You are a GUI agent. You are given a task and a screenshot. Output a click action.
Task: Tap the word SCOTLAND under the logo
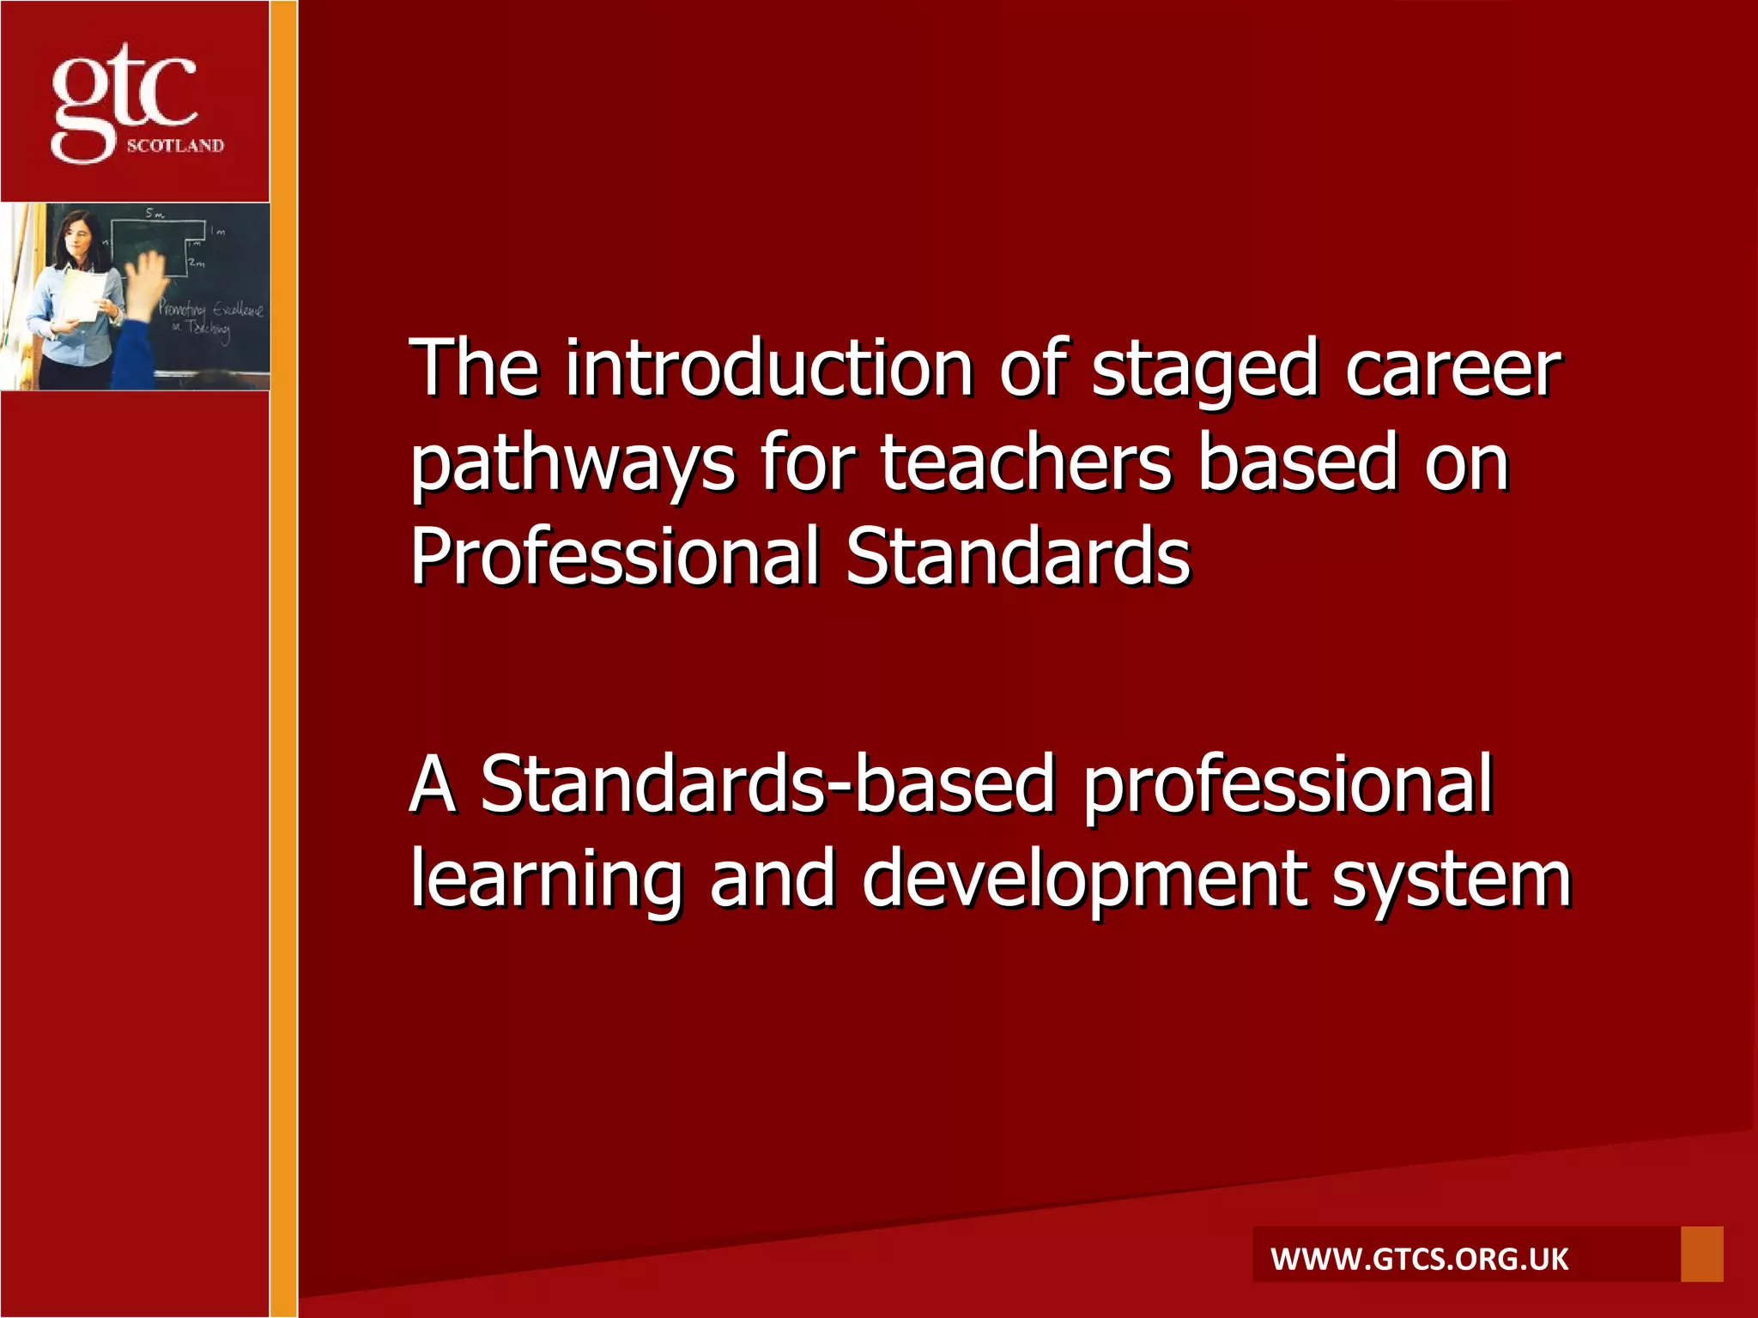[x=175, y=146]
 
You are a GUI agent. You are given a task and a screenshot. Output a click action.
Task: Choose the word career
[x=1452, y=371]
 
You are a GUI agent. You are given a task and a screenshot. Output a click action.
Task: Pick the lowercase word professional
[x=1288, y=786]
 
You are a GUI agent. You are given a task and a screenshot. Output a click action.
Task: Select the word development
[x=1085, y=880]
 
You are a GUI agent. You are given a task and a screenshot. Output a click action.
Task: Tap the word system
[x=1452, y=880]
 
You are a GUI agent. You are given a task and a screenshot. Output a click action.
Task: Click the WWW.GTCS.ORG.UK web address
[x=1420, y=1260]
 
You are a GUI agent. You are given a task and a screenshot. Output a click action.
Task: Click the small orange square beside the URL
[x=1701, y=1254]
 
